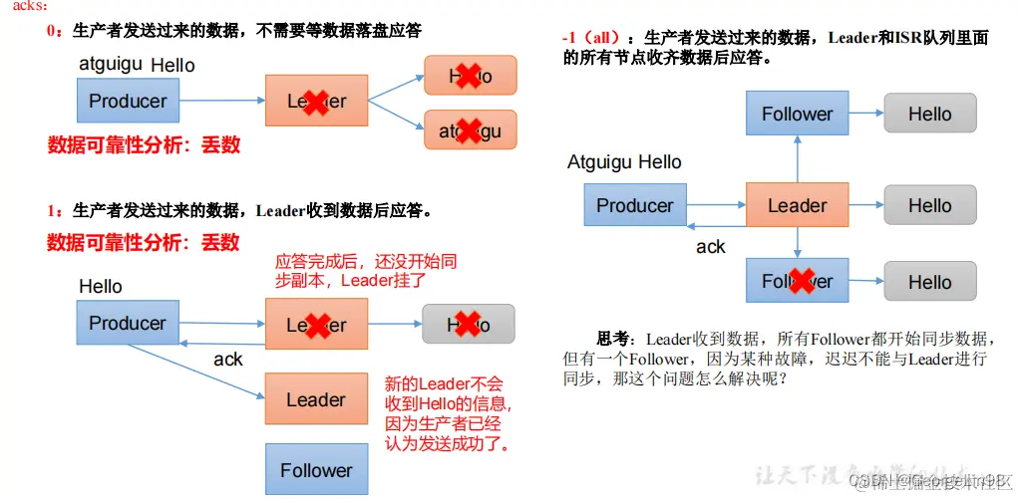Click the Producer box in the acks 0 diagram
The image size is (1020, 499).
point(128,101)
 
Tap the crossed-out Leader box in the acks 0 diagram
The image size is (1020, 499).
point(316,101)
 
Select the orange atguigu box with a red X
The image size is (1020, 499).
point(471,129)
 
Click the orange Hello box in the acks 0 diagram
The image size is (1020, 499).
point(471,76)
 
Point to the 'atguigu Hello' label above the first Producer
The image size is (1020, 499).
point(137,65)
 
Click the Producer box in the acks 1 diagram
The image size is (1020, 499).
point(128,323)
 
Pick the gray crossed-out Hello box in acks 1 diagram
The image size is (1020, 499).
point(469,325)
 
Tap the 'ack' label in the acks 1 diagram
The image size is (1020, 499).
point(228,360)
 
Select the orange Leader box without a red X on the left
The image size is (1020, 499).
point(316,399)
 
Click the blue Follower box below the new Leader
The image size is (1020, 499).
point(316,469)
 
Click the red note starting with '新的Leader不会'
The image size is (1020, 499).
point(449,413)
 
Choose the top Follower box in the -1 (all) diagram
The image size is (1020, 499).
point(797,114)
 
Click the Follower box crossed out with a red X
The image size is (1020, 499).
point(797,281)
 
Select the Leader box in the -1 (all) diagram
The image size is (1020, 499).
point(797,205)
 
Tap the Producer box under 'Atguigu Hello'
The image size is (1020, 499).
point(634,205)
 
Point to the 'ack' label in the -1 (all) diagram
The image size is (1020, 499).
point(711,247)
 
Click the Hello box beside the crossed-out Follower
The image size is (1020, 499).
point(929,282)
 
